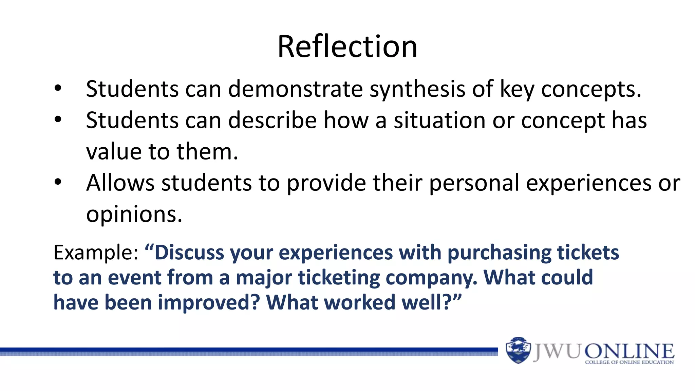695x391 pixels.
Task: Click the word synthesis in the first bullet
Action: [x=417, y=90]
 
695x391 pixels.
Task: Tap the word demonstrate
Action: [x=295, y=89]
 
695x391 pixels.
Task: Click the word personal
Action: [x=474, y=184]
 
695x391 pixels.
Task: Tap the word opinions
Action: [x=134, y=215]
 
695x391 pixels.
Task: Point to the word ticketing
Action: [x=339, y=278]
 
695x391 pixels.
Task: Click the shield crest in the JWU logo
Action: [x=518, y=350]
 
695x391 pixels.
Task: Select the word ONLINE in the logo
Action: [x=630, y=351]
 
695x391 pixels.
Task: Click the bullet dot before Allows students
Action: [x=58, y=182]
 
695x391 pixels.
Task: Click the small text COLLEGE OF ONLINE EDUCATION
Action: [x=629, y=362]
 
